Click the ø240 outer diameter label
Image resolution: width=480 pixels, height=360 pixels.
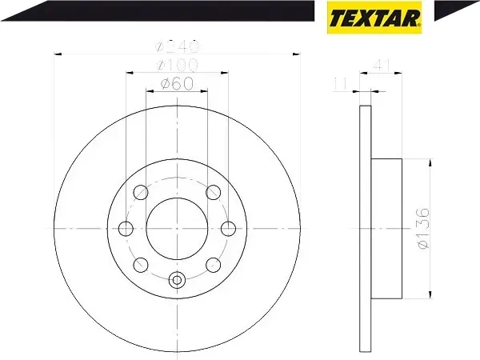coord(178,47)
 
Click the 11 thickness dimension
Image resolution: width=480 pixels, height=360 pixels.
coord(339,82)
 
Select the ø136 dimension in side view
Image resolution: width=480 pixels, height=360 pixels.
coord(422,227)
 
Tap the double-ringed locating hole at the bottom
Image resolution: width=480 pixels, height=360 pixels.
coord(178,280)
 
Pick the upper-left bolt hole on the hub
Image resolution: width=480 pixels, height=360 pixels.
coord(142,192)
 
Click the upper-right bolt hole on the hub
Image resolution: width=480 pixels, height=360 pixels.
coord(213,192)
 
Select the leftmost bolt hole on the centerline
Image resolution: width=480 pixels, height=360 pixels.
coord(126,228)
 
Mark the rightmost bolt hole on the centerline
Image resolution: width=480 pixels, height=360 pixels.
coord(229,228)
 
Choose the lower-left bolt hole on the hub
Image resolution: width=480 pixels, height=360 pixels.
coord(142,264)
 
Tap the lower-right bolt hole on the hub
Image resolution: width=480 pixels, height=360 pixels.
coord(213,264)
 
